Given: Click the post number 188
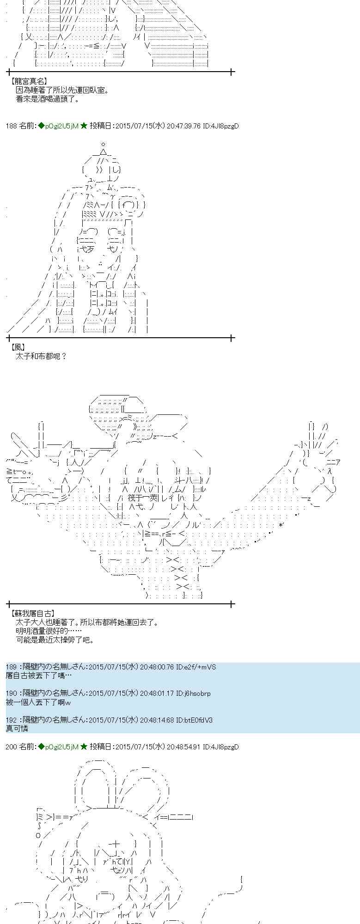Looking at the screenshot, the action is pos(11,126).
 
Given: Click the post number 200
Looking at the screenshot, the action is pos(11,747).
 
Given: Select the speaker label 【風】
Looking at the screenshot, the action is pos(18,347).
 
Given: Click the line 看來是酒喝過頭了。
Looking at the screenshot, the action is pos(48,99).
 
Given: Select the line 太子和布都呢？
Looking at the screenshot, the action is pos(41,356).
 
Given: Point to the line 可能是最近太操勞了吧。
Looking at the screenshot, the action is pos(55,640).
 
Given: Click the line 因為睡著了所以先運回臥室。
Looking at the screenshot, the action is pos(62,91).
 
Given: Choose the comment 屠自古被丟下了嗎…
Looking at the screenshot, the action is pos(39,675).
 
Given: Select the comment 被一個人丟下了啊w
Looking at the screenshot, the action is pos(38,702).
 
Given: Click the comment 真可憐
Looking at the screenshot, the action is pos(17,729).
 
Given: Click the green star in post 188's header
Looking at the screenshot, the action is pos(84,126).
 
